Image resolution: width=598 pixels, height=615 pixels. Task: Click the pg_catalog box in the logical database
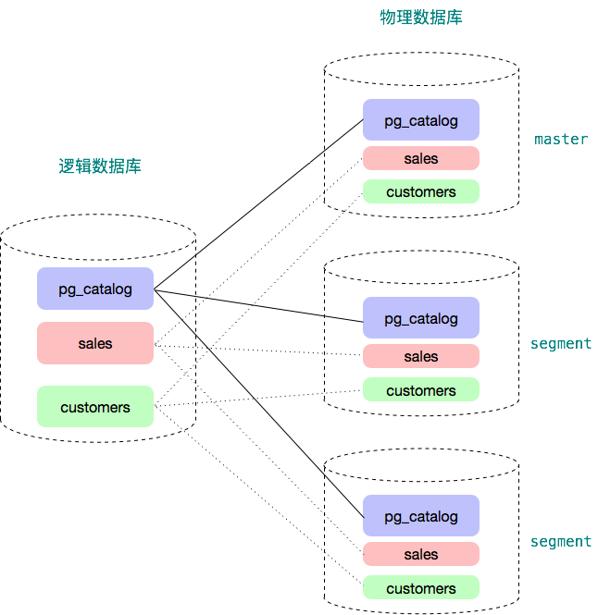(x=95, y=289)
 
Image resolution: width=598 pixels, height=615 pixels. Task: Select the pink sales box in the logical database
(x=95, y=343)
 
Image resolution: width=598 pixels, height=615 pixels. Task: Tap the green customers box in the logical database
(x=95, y=407)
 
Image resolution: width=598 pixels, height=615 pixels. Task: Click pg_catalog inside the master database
(x=421, y=120)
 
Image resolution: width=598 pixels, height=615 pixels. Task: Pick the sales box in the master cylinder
(x=421, y=158)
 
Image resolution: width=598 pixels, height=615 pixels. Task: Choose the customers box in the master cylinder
(x=421, y=192)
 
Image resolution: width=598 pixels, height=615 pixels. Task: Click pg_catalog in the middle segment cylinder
(x=421, y=318)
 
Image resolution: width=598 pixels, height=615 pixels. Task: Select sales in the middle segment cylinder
(x=421, y=356)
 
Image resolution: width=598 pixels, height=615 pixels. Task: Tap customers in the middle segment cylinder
(x=421, y=390)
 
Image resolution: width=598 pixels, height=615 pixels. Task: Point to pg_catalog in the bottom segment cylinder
(x=421, y=516)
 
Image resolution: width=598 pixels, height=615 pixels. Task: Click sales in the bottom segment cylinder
(x=421, y=554)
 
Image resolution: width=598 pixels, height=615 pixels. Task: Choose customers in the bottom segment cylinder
(x=421, y=588)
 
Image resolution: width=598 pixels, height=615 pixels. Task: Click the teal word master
(x=560, y=139)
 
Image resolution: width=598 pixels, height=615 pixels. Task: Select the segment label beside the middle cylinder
(x=561, y=343)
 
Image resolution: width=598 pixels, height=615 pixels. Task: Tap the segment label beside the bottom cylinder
(x=561, y=541)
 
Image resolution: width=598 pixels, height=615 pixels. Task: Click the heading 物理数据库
(x=421, y=17)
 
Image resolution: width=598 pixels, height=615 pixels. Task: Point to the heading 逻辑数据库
(x=100, y=166)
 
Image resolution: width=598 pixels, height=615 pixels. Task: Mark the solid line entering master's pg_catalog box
(x=343, y=135)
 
